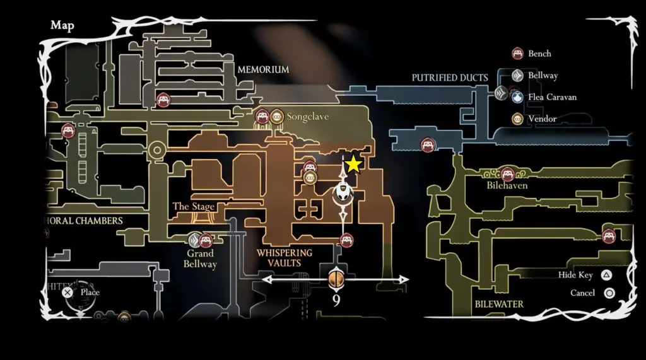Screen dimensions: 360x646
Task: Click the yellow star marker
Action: (x=353, y=164)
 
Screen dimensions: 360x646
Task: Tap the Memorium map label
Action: (x=263, y=69)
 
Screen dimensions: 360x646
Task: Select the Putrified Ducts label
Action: (x=450, y=78)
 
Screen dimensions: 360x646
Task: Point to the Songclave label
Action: (x=307, y=117)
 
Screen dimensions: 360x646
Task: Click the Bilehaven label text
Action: (x=507, y=186)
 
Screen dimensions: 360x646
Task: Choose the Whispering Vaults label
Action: (x=284, y=257)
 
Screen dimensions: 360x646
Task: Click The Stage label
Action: (x=194, y=207)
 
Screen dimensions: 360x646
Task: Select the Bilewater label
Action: (x=499, y=304)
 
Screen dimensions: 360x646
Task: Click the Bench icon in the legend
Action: (x=519, y=54)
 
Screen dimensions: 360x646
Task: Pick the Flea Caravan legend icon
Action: (x=519, y=97)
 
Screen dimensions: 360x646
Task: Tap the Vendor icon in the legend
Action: (x=519, y=119)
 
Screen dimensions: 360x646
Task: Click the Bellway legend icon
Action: (x=519, y=76)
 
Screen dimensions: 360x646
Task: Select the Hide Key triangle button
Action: (x=606, y=275)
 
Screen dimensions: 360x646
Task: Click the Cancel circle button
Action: (x=609, y=293)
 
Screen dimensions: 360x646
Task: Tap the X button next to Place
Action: (x=68, y=292)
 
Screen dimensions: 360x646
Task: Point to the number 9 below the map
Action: (x=336, y=300)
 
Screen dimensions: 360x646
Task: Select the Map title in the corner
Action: (x=62, y=26)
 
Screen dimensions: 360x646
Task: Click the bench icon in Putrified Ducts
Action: (x=428, y=144)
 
